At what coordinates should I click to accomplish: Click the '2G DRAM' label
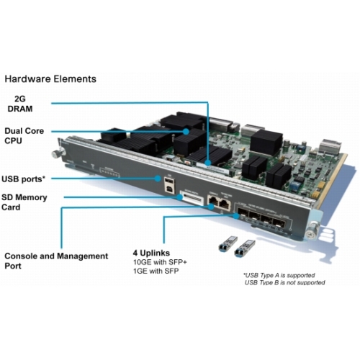click(27, 104)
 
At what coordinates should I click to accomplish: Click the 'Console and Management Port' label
click(56, 261)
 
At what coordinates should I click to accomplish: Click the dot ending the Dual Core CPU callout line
click(186, 130)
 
